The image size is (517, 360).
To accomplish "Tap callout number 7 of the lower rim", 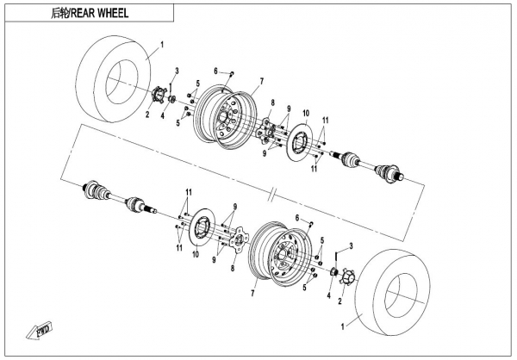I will click(x=252, y=293).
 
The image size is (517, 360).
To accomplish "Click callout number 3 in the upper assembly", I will click(x=176, y=69).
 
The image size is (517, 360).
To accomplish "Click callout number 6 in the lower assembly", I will click(x=297, y=218).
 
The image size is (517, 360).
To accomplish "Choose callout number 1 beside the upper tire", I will click(x=161, y=40).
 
